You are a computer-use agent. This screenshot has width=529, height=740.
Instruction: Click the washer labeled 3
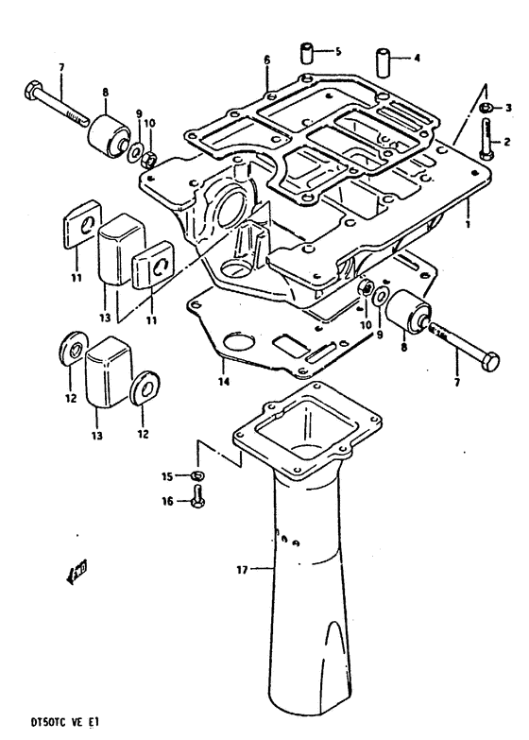(x=484, y=110)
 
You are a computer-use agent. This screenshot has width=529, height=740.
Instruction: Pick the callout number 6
(x=266, y=59)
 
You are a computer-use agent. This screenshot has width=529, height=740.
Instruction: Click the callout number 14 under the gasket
(x=224, y=383)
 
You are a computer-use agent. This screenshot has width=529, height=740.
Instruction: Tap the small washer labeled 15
(x=196, y=474)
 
